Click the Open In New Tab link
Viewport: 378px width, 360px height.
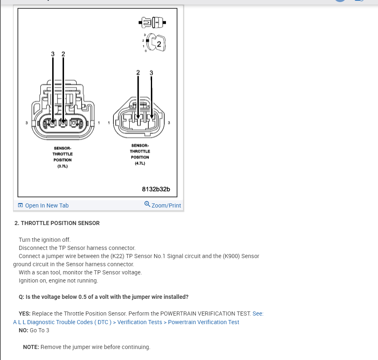[46, 205]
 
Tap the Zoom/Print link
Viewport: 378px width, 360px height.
[166, 205]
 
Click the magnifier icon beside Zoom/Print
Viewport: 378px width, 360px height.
[147, 204]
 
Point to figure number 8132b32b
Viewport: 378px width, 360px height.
[156, 189]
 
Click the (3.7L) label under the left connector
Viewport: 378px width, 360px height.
[62, 166]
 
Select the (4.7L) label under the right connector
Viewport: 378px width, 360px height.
[140, 163]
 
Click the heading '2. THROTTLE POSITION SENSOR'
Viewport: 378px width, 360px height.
[57, 223]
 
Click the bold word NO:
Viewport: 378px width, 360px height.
[24, 330]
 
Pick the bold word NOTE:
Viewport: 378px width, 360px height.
[31, 347]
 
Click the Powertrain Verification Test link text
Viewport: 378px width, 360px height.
[203, 322]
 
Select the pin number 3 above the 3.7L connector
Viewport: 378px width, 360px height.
[53, 54]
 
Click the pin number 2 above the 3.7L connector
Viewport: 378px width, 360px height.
[63, 54]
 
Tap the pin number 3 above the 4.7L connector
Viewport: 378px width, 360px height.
[152, 73]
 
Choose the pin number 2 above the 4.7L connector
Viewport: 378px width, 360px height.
[138, 73]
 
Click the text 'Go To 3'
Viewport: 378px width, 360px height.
[40, 330]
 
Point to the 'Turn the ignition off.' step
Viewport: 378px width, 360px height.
[44, 240]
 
